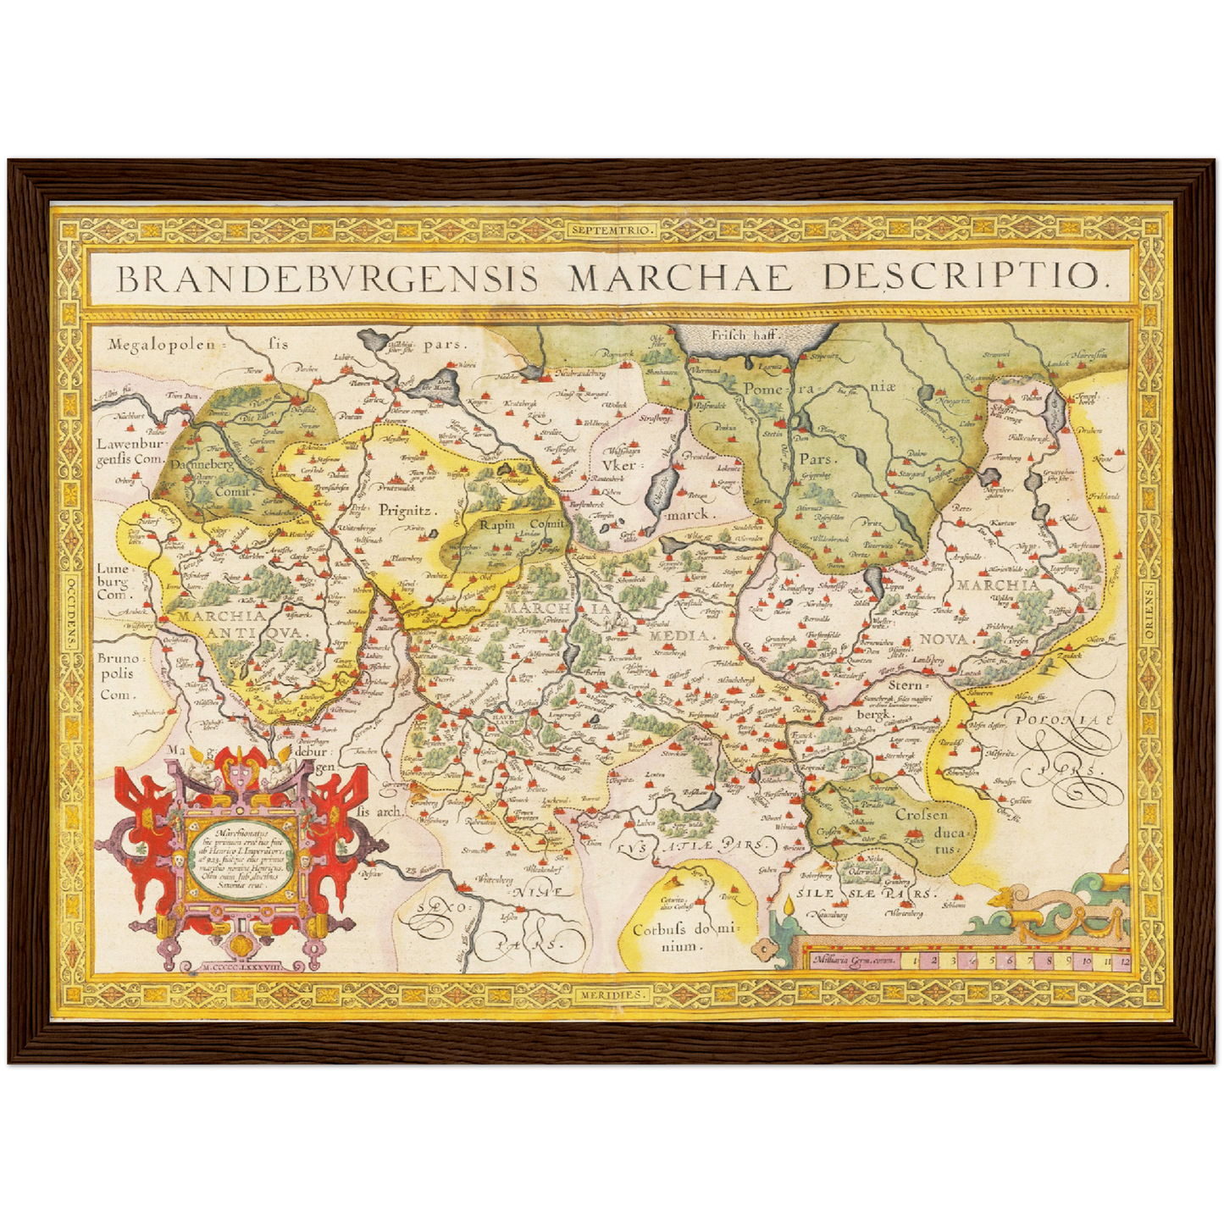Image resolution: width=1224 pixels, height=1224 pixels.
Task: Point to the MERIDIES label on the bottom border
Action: pyautogui.click(x=612, y=994)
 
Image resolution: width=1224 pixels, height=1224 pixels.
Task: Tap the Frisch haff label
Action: pyautogui.click(x=745, y=335)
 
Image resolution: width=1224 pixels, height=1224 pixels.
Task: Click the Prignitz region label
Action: pyautogui.click(x=406, y=511)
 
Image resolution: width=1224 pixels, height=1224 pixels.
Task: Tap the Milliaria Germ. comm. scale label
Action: pyautogui.click(x=853, y=961)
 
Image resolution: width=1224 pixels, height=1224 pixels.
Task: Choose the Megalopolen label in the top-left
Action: pyautogui.click(x=163, y=345)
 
